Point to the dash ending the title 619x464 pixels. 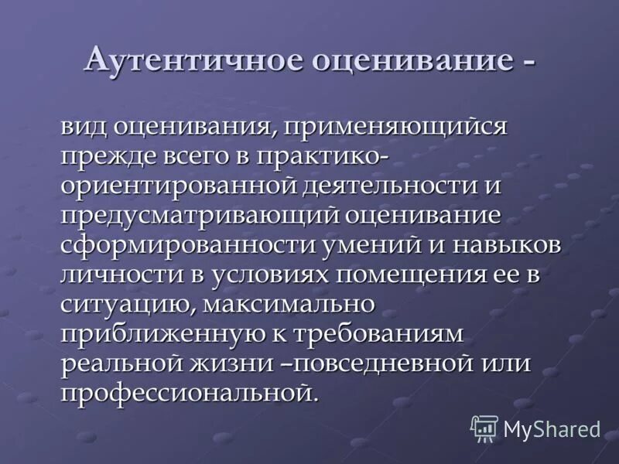click(528, 62)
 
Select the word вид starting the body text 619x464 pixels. click(84, 125)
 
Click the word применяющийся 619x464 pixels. click(394, 127)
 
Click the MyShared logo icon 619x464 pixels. click(484, 428)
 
